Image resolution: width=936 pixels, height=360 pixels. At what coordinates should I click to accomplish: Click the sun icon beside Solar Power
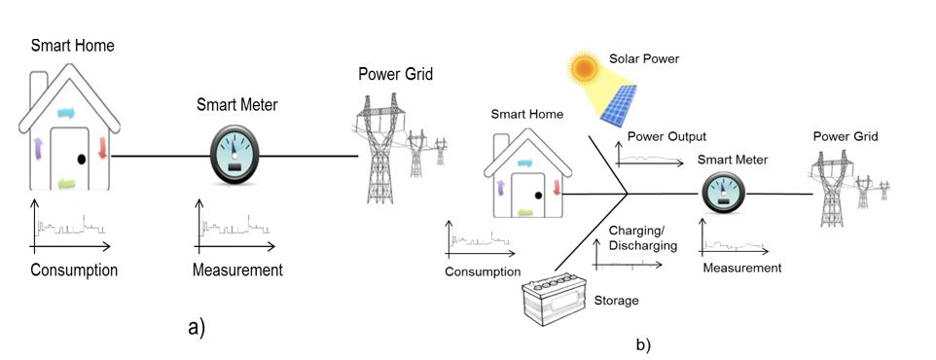click(x=583, y=68)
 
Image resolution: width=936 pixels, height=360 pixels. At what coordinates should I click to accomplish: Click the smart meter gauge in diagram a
click(x=234, y=154)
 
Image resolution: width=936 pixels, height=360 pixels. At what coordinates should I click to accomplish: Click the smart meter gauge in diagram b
click(x=723, y=193)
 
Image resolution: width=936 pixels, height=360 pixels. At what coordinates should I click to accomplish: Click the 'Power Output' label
click(x=666, y=137)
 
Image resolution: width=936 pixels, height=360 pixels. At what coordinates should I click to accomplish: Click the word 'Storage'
click(x=616, y=301)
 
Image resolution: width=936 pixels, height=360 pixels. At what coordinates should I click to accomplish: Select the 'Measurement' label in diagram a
click(x=237, y=270)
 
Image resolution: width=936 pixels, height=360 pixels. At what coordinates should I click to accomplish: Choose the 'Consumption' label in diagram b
click(x=483, y=272)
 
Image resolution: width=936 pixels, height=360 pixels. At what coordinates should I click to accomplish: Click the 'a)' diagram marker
click(x=197, y=328)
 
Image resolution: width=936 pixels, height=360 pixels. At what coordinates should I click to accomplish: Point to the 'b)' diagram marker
click(x=643, y=344)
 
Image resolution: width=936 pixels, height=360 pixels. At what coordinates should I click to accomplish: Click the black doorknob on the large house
click(x=81, y=160)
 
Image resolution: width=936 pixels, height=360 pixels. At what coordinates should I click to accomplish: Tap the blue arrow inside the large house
click(x=66, y=113)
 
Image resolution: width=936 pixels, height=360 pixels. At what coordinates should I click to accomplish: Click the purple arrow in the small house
click(x=501, y=189)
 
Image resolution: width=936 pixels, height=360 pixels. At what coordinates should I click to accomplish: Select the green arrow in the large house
click(x=67, y=185)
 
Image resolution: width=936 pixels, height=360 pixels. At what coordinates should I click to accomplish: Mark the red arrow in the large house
click(x=102, y=148)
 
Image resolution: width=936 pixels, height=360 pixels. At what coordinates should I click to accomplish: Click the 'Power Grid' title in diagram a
click(x=396, y=75)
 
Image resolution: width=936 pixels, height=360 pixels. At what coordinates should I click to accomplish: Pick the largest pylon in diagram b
click(x=831, y=188)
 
